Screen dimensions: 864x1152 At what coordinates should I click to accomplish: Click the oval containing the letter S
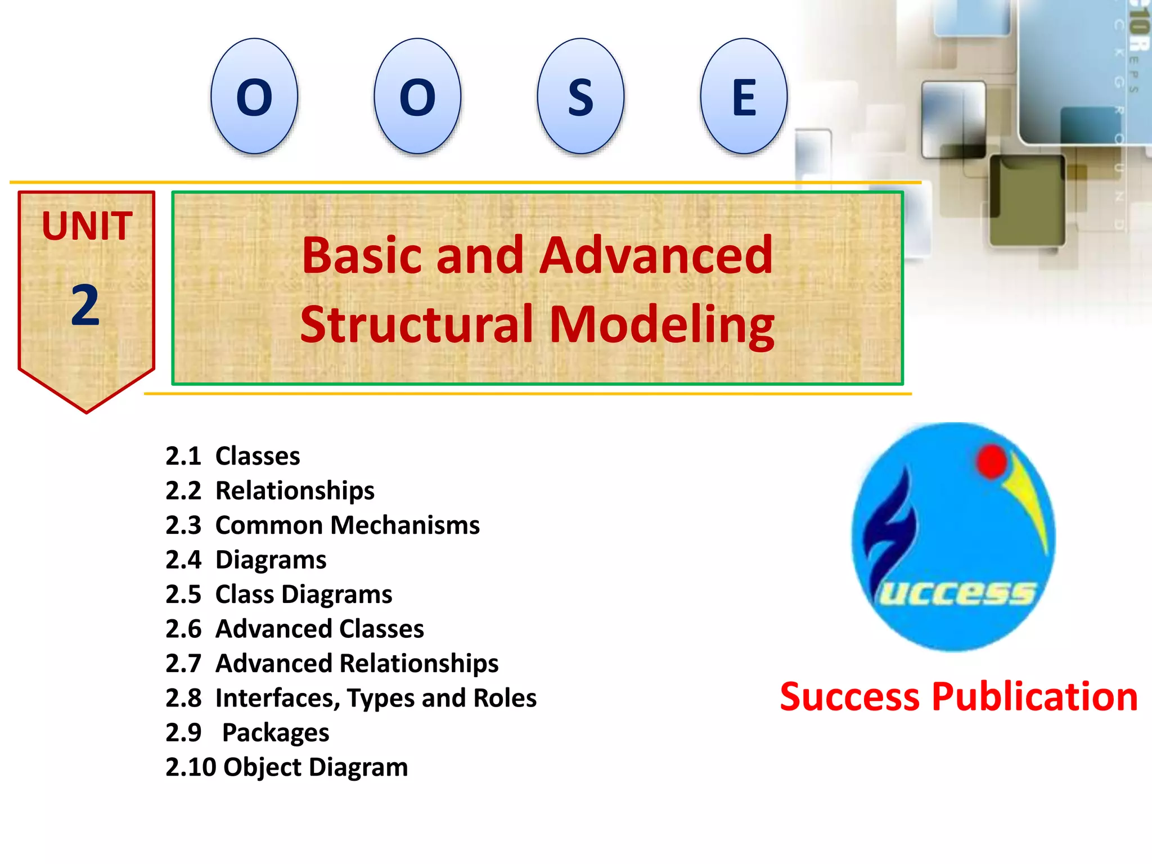click(580, 96)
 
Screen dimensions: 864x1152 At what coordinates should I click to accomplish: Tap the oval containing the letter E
click(744, 96)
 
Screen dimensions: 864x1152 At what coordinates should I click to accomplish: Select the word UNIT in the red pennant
click(87, 226)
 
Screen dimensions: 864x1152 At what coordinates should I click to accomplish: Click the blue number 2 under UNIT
click(85, 305)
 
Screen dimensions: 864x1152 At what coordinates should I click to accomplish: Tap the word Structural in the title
click(417, 325)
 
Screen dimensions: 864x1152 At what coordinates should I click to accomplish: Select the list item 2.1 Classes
click(232, 456)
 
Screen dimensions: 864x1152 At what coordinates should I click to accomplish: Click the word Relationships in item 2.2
click(295, 490)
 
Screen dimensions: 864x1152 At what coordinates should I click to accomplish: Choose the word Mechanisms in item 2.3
click(405, 525)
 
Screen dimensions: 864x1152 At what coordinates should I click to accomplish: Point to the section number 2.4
click(183, 560)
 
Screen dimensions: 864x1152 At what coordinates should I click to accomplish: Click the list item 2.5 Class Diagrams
click(278, 595)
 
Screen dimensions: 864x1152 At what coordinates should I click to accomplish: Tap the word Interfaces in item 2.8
click(278, 698)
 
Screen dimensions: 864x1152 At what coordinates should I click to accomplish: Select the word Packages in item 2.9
click(276, 733)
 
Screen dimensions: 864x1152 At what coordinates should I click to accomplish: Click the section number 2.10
click(191, 767)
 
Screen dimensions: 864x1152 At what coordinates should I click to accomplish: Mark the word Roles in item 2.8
click(505, 698)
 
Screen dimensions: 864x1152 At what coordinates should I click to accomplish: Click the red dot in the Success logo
click(992, 461)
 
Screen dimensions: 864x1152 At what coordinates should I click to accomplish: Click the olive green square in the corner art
click(1027, 200)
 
